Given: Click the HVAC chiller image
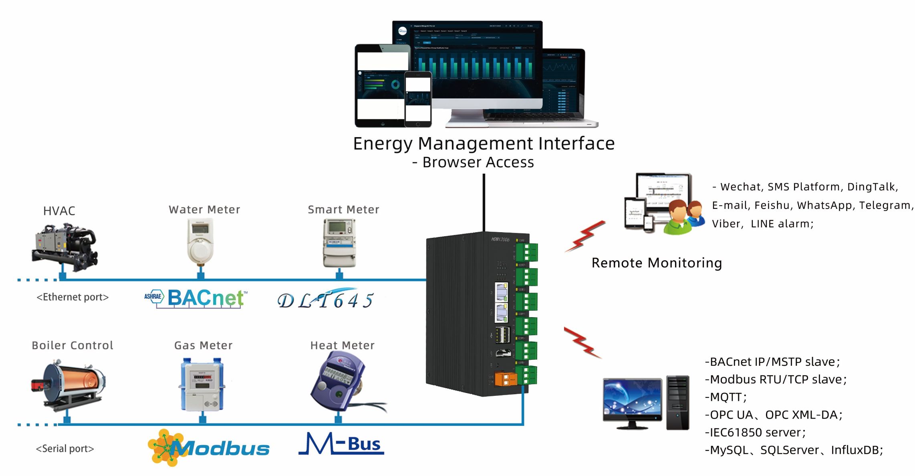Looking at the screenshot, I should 65,247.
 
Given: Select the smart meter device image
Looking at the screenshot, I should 339,243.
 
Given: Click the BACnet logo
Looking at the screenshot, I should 196,298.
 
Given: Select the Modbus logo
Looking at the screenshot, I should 208,448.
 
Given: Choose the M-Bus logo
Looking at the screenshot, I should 341,444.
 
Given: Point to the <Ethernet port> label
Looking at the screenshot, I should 73,297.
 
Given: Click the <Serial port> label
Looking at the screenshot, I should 65,449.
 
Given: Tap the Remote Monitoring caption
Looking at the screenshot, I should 657,263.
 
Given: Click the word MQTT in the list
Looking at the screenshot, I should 726,397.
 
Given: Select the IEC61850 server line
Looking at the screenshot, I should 755,432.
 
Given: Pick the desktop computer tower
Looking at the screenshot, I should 677,403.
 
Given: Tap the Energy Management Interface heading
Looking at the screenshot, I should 484,144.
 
